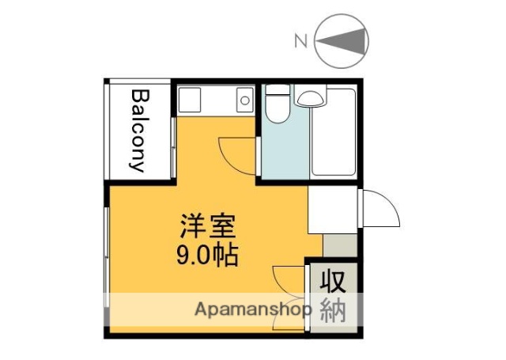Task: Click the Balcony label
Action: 138,130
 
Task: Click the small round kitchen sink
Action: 244,100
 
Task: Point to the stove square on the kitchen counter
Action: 191,99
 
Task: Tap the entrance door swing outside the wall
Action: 381,210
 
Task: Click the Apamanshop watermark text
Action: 253,309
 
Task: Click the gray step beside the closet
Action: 339,245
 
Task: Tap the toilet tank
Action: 276,93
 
